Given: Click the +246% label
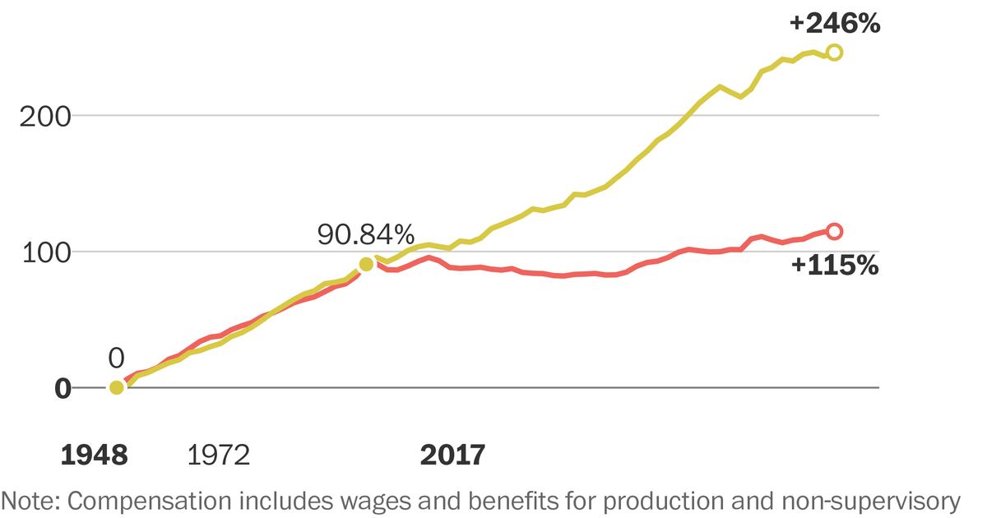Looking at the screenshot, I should pos(834,24).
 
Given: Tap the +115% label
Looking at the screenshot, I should pos(834,266).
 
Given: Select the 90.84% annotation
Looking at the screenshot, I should pos(366,235).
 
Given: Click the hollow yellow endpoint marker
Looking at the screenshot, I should pos(834,53).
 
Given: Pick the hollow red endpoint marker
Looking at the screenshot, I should pos(834,231).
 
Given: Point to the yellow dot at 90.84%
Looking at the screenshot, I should pos(366,264).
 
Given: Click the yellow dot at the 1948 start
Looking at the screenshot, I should pos(117,387).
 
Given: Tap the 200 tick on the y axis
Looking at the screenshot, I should pos(46,115).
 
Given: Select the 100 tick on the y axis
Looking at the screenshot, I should pos(46,252).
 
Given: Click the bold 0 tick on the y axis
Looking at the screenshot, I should pos(63,388).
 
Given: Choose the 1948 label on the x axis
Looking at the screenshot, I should pos(95,455).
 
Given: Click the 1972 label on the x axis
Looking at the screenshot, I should pos(218,455).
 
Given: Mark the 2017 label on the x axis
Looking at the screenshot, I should pos(452,455).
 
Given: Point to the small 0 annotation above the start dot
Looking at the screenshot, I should pos(116,358).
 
